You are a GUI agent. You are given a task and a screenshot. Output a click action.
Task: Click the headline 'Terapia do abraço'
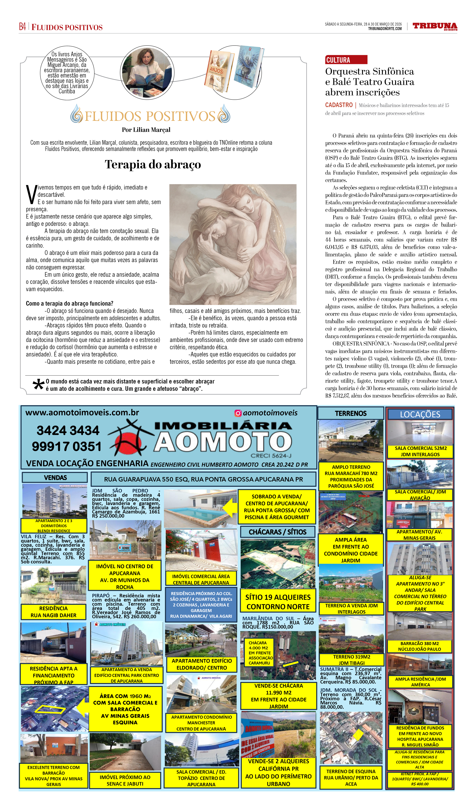coord(153,165)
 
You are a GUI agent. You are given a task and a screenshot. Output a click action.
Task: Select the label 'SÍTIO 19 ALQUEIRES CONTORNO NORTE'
coord(278,602)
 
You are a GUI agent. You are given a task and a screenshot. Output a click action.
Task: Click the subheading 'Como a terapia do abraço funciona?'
coord(70,303)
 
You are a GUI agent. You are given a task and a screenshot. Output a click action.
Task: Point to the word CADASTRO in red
coord(339,105)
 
